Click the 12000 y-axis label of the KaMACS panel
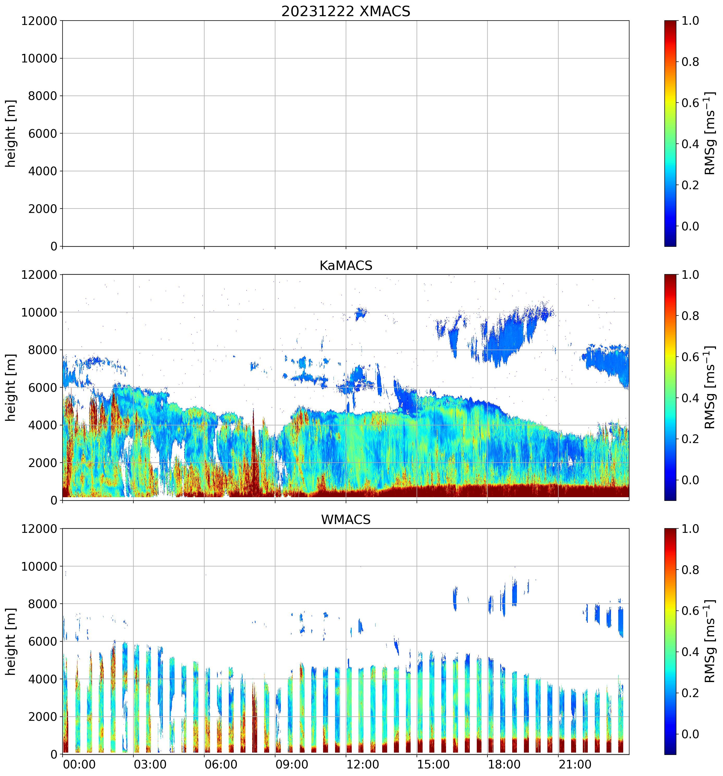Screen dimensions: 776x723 coord(39,275)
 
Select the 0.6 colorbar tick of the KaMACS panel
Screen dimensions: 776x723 coord(690,357)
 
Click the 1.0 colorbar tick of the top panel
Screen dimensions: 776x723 coord(690,21)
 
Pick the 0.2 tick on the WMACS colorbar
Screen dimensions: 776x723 coord(690,693)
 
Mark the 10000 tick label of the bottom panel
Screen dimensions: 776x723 coord(39,566)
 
